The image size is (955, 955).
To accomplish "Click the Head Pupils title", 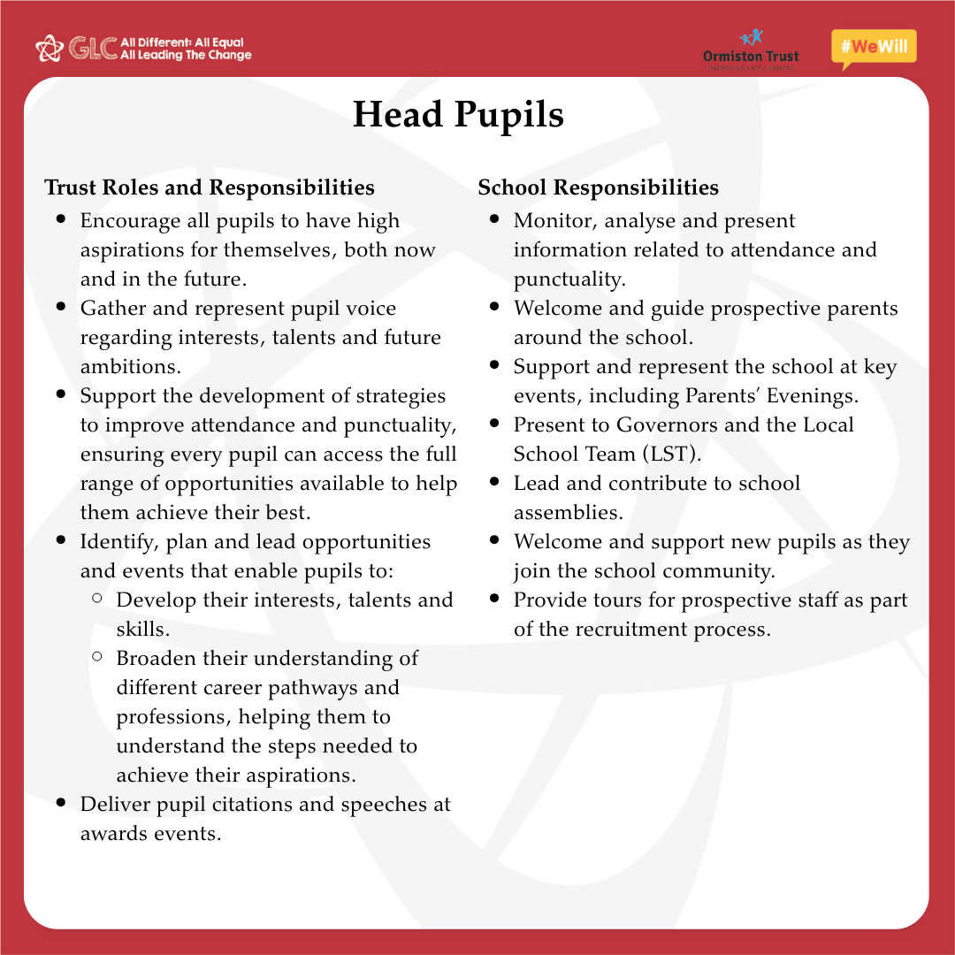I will [458, 115].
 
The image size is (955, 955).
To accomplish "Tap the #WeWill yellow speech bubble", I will [874, 48].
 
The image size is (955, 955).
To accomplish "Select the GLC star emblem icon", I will [49, 48].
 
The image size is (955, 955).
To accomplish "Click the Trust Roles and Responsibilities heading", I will [210, 187].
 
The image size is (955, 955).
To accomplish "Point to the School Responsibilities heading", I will [599, 187].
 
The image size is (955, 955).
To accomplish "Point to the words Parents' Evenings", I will [772, 395].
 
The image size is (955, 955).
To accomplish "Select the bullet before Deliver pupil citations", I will [61, 803].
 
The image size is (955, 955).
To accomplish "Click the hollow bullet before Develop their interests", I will [96, 599].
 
